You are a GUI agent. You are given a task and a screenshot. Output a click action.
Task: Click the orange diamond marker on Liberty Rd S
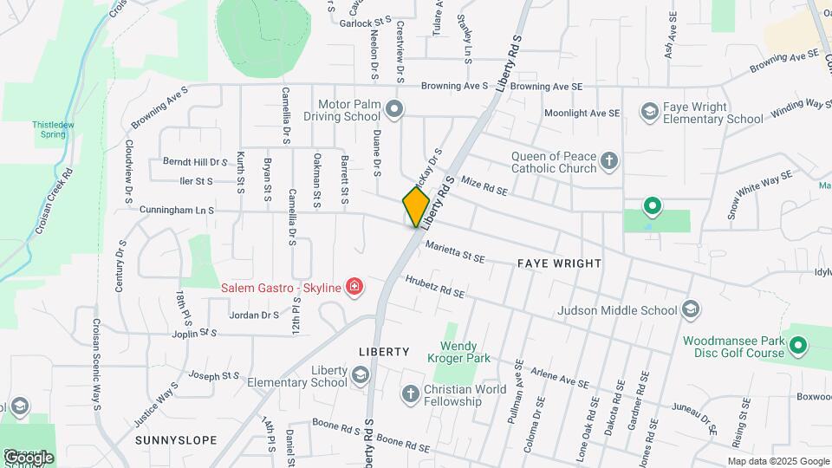click(416, 206)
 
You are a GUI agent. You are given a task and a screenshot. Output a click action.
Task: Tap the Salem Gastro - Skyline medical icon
click(353, 287)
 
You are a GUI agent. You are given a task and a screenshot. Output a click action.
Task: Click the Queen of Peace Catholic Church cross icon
click(609, 160)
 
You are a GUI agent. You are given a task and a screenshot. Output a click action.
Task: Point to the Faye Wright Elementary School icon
click(649, 112)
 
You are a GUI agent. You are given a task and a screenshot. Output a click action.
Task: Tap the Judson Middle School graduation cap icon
click(691, 309)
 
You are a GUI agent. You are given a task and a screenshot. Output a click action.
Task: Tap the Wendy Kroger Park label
click(458, 352)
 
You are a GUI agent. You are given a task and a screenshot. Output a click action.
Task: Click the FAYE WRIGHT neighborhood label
click(558, 262)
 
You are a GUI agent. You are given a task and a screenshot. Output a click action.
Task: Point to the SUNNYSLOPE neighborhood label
click(176, 440)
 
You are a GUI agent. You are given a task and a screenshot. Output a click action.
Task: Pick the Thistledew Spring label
click(49, 129)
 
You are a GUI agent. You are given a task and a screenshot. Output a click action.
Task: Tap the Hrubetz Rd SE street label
click(434, 288)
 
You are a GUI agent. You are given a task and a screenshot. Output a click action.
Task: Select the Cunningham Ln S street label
click(176, 211)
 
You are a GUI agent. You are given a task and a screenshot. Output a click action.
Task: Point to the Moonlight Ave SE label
click(582, 114)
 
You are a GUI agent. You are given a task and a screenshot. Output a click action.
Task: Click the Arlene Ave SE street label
click(559, 375)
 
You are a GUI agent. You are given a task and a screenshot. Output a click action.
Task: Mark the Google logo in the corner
click(28, 457)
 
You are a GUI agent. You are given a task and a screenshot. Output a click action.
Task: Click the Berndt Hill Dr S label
click(194, 162)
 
